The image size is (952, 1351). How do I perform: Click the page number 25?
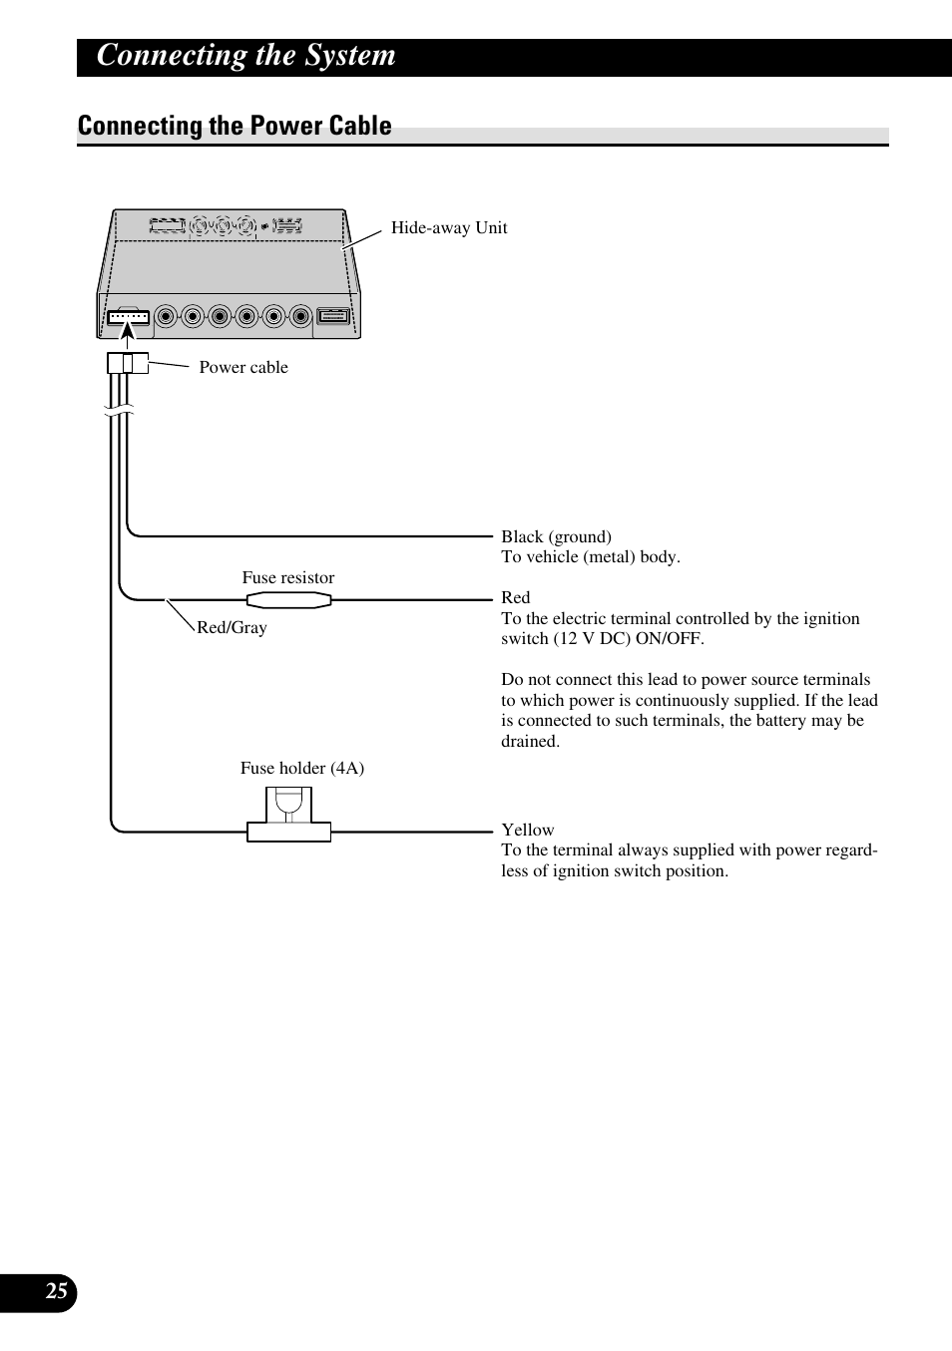[57, 1292]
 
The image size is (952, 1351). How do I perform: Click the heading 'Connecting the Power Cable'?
[235, 126]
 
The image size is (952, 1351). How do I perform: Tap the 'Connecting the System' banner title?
[245, 55]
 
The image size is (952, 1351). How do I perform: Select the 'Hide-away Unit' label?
[449, 227]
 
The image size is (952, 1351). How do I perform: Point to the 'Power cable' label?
[243, 367]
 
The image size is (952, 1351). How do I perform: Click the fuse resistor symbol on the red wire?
[289, 599]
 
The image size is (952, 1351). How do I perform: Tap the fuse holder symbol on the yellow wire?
[288, 816]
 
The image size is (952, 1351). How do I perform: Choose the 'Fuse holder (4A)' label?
[301, 768]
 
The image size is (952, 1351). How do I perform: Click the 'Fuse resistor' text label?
[288, 577]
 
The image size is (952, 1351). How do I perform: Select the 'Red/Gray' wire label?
[232, 627]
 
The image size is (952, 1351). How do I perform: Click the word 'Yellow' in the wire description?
[528, 830]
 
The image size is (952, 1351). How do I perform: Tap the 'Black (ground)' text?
[556, 536]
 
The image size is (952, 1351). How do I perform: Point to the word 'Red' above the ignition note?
[516, 597]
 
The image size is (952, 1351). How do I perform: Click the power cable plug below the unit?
[128, 363]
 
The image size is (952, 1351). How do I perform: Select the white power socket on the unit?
[128, 318]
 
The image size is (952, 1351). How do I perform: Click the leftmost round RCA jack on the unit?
[166, 317]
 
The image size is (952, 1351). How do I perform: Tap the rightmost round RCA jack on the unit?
[301, 317]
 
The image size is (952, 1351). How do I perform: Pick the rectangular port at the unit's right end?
[333, 317]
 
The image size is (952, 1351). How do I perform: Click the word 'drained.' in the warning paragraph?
[530, 741]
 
